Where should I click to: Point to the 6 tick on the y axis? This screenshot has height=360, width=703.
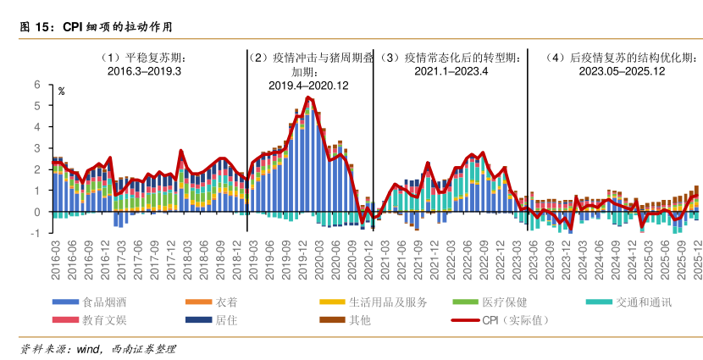tap(37, 85)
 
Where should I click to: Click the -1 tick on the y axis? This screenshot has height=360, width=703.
tap(36, 232)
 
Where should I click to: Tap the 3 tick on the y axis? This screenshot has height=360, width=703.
tap(37, 148)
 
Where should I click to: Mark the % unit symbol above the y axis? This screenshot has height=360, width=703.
tap(61, 91)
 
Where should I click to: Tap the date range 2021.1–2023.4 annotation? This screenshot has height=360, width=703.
tap(451, 72)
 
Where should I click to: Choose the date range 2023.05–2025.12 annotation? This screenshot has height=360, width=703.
tap(621, 72)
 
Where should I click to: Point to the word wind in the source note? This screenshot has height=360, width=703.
tap(89, 349)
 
